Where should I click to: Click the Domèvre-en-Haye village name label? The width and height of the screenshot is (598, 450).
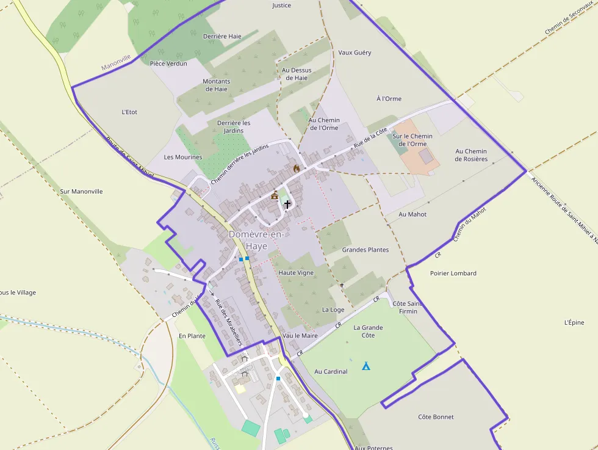pyautogui.click(x=256, y=240)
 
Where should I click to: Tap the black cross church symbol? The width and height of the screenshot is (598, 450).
pyautogui.click(x=287, y=205)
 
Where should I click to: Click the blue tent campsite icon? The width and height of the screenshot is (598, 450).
pyautogui.click(x=366, y=366)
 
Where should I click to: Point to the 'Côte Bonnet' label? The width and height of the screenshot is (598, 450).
pyautogui.click(x=436, y=417)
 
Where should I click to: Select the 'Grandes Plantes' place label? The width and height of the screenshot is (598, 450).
pyautogui.click(x=365, y=250)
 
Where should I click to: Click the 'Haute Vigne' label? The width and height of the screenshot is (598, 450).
pyautogui.click(x=296, y=272)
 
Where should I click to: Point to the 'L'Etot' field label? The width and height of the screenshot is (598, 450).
pyautogui.click(x=129, y=112)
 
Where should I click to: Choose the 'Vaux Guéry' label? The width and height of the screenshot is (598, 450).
pyautogui.click(x=355, y=53)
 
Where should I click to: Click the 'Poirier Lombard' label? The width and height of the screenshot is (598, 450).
pyautogui.click(x=453, y=273)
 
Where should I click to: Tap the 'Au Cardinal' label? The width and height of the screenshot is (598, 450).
pyautogui.click(x=331, y=371)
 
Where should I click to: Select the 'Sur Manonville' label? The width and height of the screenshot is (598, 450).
pyautogui.click(x=82, y=191)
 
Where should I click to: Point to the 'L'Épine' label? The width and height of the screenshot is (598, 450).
pyautogui.click(x=574, y=322)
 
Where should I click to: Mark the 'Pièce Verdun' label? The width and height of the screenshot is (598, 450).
pyautogui.click(x=168, y=63)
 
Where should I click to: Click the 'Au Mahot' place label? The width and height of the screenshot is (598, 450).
pyautogui.click(x=412, y=214)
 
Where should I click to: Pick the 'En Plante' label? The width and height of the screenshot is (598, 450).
pyautogui.click(x=192, y=336)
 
